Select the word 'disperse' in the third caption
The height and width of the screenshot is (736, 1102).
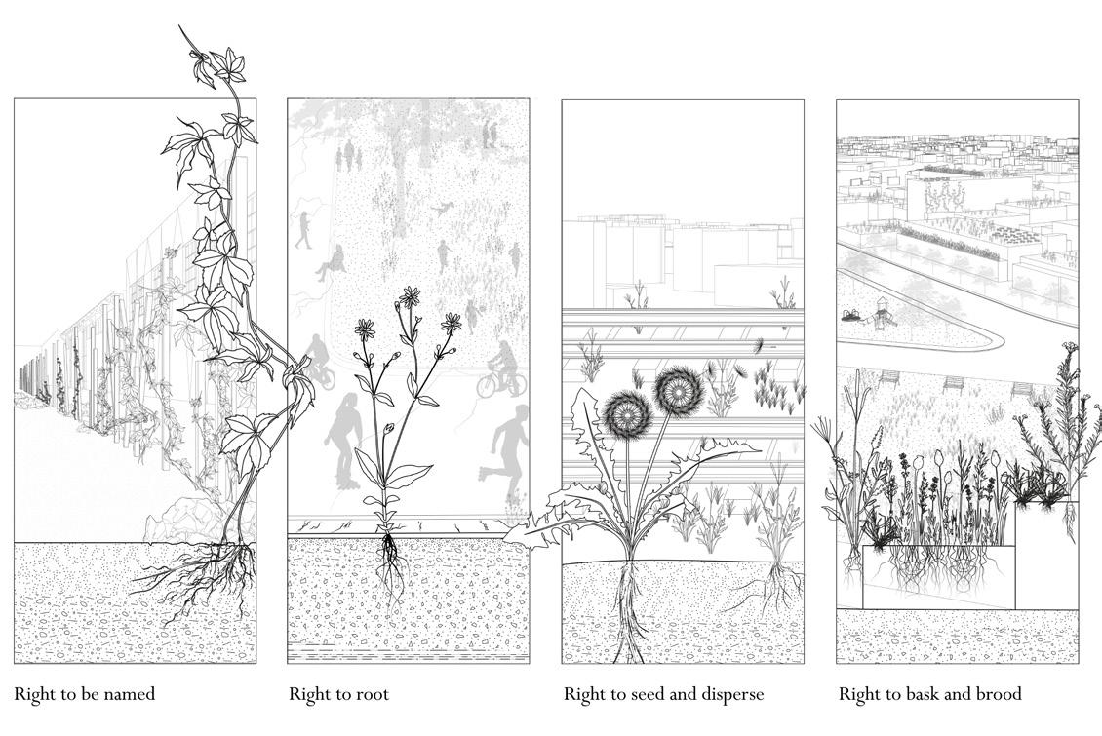click(730, 694)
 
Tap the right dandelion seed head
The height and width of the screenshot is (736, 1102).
click(678, 388)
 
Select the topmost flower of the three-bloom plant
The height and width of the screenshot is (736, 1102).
click(410, 298)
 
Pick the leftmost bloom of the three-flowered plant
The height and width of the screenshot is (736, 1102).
click(365, 329)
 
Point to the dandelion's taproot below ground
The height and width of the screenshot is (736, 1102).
click(628, 611)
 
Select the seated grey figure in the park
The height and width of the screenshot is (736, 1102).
click(331, 261)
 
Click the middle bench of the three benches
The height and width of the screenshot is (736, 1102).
click(955, 383)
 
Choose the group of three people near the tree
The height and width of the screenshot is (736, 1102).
click(348, 154)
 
